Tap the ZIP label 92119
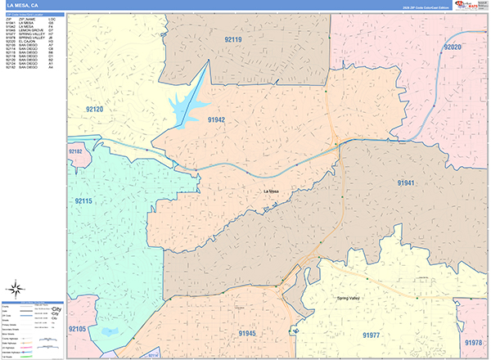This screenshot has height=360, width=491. click(233, 38)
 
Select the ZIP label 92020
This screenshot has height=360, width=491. click(453, 48)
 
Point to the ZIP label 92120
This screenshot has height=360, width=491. click(94, 109)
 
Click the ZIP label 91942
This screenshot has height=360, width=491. click(216, 119)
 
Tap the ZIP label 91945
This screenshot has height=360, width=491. click(247, 334)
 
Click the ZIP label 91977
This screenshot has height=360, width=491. click(372, 335)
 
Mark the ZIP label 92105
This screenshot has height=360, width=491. click(78, 329)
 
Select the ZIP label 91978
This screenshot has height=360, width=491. click(473, 343)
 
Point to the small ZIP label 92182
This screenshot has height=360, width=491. click(75, 151)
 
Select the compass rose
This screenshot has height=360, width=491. click(16, 287)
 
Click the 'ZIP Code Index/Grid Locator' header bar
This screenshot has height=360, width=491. click(33, 14)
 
